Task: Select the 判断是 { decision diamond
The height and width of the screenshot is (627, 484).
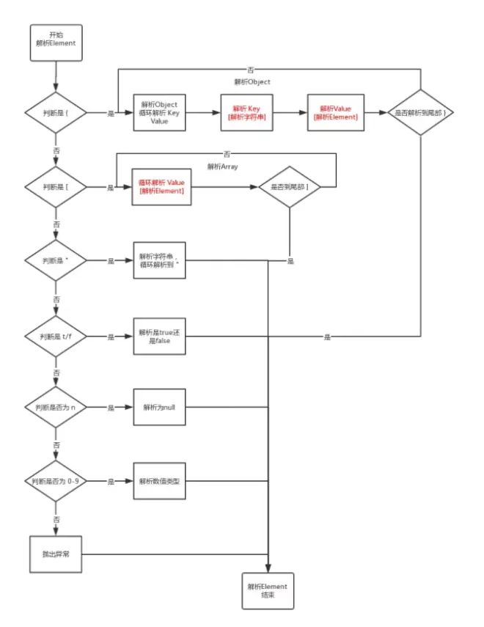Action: (56, 114)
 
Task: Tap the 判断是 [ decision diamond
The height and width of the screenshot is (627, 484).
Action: (56, 188)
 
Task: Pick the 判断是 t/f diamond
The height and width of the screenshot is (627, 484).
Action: (56, 337)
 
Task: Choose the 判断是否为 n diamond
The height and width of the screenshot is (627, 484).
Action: (56, 407)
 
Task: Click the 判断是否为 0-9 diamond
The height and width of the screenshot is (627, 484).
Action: (56, 482)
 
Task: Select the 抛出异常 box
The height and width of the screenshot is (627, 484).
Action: (56, 554)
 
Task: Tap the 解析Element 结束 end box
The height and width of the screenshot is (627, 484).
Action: (268, 591)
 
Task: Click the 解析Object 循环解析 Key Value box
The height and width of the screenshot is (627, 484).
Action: (159, 114)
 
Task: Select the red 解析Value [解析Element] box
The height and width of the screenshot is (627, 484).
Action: (335, 114)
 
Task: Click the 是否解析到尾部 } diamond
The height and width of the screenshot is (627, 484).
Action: (420, 114)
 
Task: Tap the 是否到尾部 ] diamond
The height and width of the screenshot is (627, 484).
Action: (290, 188)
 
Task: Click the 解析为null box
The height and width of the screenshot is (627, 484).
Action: (159, 407)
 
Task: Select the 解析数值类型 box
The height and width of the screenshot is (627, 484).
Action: (159, 482)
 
